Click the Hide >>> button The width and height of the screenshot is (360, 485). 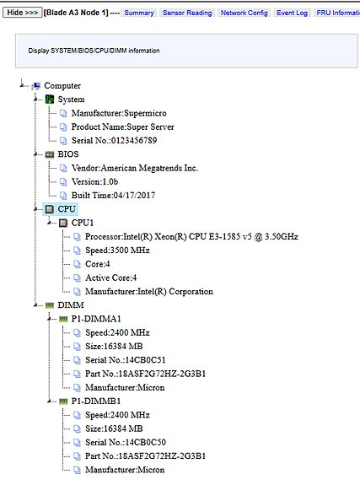point(22,13)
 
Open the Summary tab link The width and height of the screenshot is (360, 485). point(139,13)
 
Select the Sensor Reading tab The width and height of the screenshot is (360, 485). point(187,13)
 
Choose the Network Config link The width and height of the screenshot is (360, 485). point(244,13)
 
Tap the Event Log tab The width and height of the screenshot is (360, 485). point(292,13)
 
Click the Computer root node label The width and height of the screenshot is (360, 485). point(62,86)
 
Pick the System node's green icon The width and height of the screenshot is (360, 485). point(50,100)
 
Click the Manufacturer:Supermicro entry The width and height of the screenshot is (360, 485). point(119,113)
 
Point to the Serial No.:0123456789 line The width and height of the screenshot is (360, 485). point(114,140)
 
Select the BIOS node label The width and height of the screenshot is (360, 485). point(68,154)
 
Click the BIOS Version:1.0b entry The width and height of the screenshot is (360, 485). point(94,181)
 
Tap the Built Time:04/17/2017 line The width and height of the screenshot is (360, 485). point(113,195)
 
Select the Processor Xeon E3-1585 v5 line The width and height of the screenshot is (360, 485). point(191,237)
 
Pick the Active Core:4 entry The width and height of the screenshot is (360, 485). point(110,278)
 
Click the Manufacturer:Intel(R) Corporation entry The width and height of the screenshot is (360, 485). point(149,291)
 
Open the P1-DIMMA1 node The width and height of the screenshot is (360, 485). point(96,319)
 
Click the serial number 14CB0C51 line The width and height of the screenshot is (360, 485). point(126,360)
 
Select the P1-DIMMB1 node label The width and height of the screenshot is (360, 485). point(96,401)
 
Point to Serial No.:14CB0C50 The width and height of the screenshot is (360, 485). point(126,442)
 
